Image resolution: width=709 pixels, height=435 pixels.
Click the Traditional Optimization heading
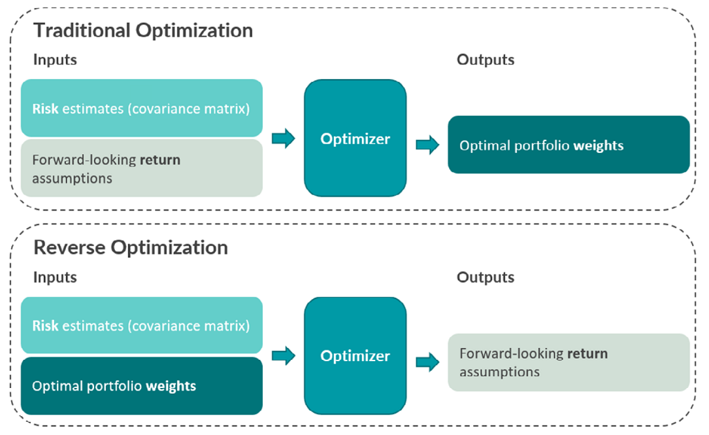tap(143, 30)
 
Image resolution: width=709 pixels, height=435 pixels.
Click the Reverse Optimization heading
tap(131, 247)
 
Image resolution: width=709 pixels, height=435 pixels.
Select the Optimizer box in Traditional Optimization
tap(355, 139)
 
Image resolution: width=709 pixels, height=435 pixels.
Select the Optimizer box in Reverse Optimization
tap(355, 355)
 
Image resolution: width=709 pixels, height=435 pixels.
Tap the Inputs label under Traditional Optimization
tap(55, 60)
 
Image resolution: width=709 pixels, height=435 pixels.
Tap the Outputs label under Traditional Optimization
tap(485, 60)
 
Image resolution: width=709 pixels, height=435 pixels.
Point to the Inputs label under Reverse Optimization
tap(55, 277)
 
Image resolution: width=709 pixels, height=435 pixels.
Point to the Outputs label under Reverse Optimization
tap(485, 277)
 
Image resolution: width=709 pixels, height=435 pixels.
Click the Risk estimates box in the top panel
tap(141, 108)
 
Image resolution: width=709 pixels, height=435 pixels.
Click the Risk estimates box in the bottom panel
tap(141, 325)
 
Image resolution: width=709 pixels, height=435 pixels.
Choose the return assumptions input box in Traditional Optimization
tap(141, 168)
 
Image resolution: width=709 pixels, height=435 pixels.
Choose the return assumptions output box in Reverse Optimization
tap(568, 362)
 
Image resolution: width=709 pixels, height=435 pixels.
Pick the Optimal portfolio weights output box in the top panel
tap(568, 145)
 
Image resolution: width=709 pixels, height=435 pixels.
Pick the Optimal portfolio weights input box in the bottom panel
tap(141, 385)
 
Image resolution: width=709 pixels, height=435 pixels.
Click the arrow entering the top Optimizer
tap(283, 139)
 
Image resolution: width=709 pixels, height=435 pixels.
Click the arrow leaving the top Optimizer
tap(427, 145)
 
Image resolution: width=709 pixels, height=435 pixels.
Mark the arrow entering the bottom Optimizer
tap(283, 356)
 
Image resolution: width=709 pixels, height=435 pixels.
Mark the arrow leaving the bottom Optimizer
tap(427, 362)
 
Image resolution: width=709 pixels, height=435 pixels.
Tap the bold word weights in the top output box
tap(598, 145)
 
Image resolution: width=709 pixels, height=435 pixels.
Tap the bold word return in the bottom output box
tap(587, 354)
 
